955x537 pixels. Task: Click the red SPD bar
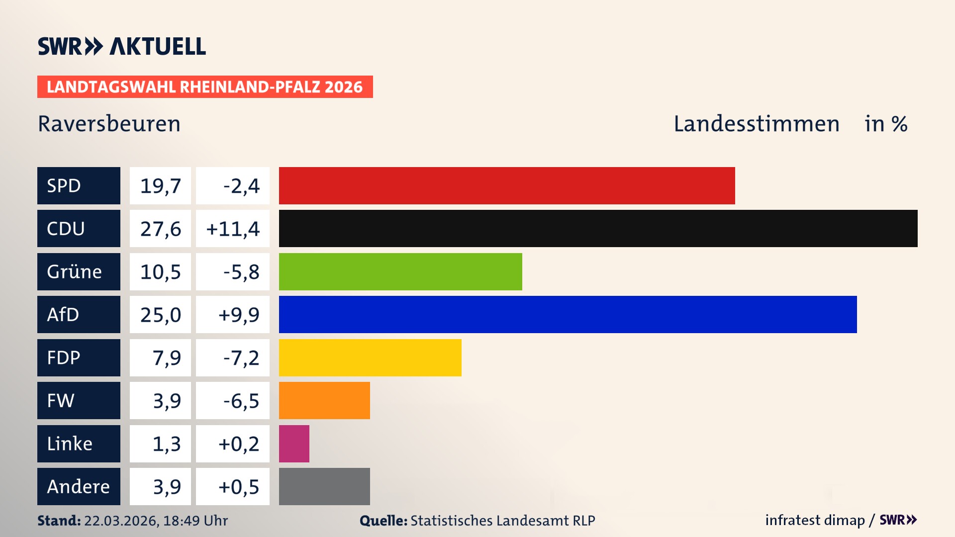tap(506, 185)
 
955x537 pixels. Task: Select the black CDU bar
tap(598, 229)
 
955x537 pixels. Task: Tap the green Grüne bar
tap(400, 271)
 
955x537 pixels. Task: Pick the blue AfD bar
tap(568, 314)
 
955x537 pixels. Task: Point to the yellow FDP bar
tap(370, 358)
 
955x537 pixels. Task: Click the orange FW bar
tap(324, 400)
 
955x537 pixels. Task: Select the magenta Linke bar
tap(294, 444)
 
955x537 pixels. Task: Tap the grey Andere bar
tap(324, 486)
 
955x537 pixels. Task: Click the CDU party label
tap(79, 229)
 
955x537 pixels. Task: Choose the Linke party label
tap(79, 444)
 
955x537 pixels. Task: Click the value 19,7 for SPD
tap(160, 186)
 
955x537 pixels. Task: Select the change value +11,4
tap(233, 229)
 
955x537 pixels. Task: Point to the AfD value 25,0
tap(160, 315)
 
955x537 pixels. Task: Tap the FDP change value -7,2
tap(233, 358)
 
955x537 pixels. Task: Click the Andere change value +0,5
tap(233, 486)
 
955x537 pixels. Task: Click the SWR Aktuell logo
tap(121, 46)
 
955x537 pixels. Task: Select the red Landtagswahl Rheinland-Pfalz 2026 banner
tap(205, 87)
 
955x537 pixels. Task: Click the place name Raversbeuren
tap(109, 124)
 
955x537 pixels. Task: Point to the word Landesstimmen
tap(756, 124)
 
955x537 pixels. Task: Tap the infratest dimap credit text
tap(814, 520)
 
